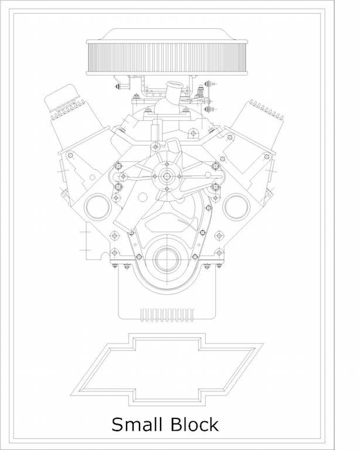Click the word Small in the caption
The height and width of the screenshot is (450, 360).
coord(137,424)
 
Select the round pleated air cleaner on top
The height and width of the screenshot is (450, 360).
coord(167,57)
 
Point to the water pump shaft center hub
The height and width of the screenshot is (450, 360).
coord(167,176)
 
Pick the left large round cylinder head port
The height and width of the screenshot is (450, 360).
coord(97,207)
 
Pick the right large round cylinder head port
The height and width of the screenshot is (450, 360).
coord(236,207)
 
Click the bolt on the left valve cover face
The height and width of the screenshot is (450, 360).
coord(70,155)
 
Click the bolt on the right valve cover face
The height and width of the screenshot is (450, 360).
coord(267,156)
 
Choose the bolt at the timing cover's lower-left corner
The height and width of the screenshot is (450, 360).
coord(114,253)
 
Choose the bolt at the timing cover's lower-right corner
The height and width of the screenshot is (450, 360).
coord(219,253)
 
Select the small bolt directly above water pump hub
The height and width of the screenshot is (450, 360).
coord(167,164)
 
